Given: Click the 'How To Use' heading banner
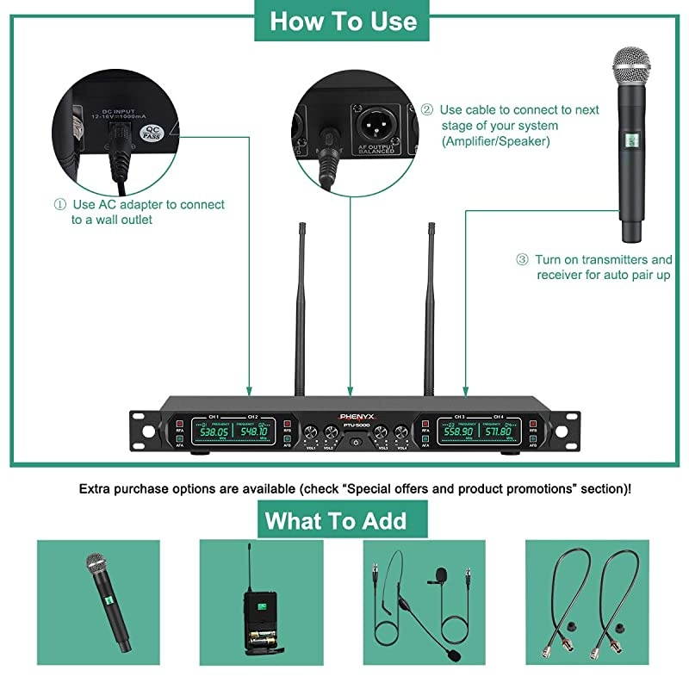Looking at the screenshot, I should [x=343, y=21].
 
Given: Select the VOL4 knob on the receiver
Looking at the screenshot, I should [x=400, y=432].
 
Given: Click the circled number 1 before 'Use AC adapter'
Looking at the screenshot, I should [x=59, y=205].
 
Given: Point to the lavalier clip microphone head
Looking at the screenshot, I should [x=442, y=573].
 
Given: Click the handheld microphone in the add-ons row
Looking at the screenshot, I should [x=107, y=599].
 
